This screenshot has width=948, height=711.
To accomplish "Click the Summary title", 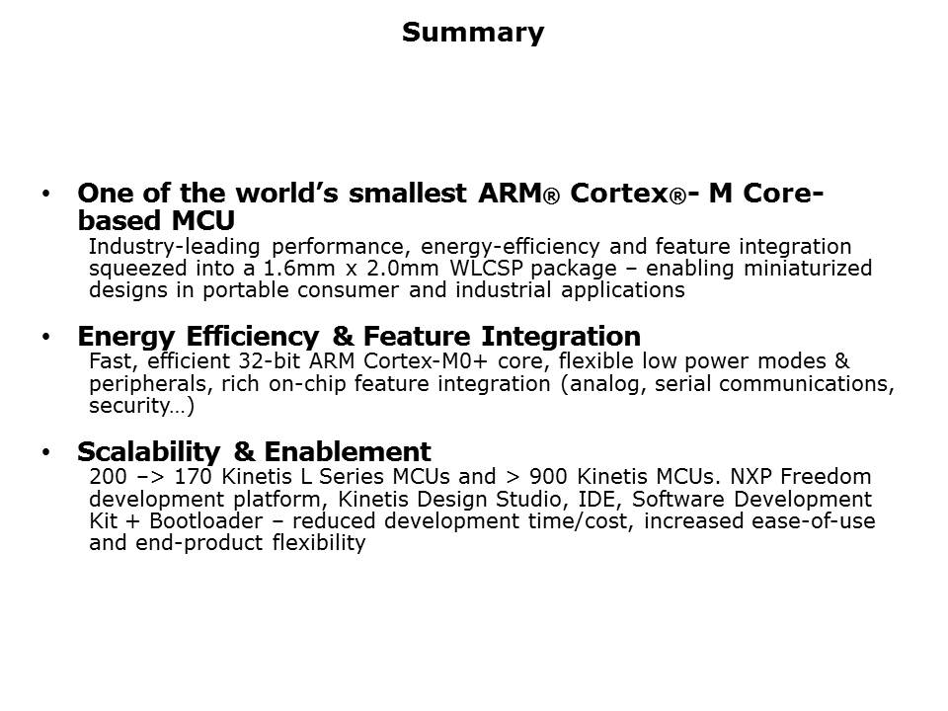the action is click(x=473, y=33).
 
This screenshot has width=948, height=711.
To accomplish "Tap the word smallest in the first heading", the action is click(x=408, y=194).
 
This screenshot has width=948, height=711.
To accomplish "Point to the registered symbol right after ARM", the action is click(x=551, y=197).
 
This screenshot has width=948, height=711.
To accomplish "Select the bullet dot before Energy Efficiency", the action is click(x=46, y=337).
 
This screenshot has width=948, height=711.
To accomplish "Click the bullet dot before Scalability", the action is click(x=46, y=452).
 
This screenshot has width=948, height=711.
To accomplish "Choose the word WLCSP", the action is click(x=486, y=268).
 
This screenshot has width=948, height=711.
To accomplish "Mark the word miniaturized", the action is click(x=808, y=268).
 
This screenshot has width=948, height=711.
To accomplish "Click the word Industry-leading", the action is click(x=174, y=247).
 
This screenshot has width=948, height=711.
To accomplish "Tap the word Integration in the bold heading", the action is click(x=561, y=337).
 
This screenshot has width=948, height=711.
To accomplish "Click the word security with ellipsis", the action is click(x=141, y=406).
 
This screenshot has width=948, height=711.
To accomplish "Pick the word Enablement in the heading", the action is click(x=348, y=452).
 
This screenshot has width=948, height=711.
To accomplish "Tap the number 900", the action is click(x=548, y=476).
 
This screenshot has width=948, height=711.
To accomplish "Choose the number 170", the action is click(x=193, y=476).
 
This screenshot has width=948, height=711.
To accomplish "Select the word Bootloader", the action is click(x=206, y=521).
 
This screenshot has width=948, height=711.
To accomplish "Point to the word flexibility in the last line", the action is click(x=319, y=543).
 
